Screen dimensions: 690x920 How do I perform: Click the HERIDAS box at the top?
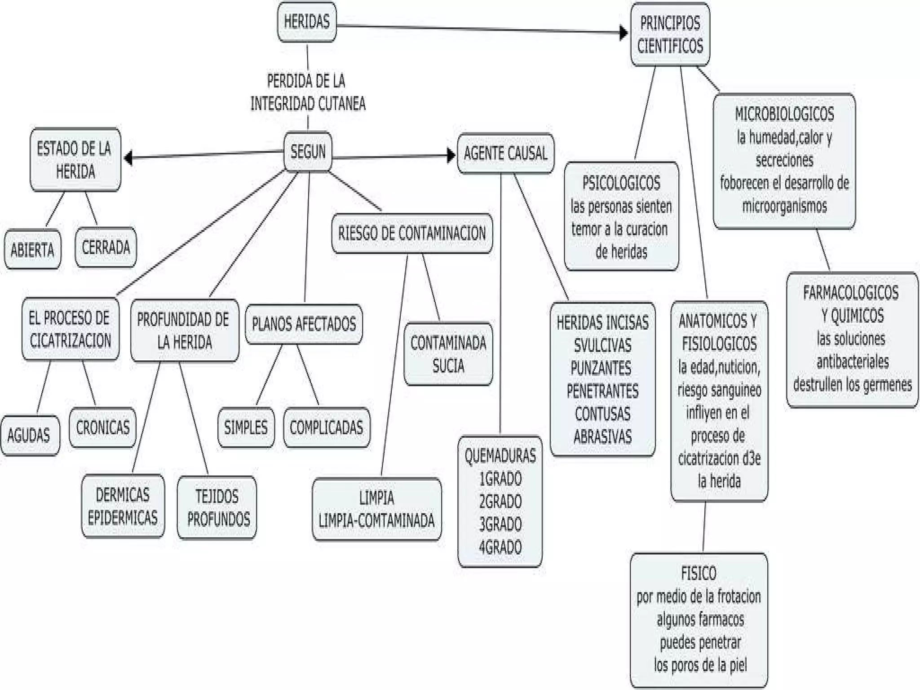tap(307, 22)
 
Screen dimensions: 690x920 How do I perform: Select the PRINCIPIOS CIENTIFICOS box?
tap(670, 35)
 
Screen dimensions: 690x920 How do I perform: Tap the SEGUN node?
tap(308, 151)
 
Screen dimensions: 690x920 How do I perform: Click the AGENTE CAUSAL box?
tap(505, 154)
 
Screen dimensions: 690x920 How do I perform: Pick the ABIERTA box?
tap(32, 250)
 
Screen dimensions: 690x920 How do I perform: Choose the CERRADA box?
tap(106, 248)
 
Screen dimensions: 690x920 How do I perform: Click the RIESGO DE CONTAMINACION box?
tap(412, 234)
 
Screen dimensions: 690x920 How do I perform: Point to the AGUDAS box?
tap(29, 435)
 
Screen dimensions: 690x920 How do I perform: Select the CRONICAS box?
tap(103, 428)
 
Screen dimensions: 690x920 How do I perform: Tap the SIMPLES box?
tap(246, 428)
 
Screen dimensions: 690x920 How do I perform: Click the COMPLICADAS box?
tap(327, 428)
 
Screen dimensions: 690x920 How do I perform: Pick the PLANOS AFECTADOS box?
tap(304, 324)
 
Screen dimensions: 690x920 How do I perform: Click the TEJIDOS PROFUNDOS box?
tap(217, 508)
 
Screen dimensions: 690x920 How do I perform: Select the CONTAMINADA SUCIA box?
tap(448, 354)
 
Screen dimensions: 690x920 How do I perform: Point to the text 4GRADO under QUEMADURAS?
tap(500, 547)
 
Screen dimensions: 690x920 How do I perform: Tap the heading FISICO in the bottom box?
tap(699, 574)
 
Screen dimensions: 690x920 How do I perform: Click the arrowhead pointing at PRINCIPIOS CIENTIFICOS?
tap(624, 33)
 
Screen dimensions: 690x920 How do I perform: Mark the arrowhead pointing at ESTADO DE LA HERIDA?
tap(128, 158)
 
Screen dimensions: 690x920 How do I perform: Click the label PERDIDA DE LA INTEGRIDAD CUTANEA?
tap(308, 93)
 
